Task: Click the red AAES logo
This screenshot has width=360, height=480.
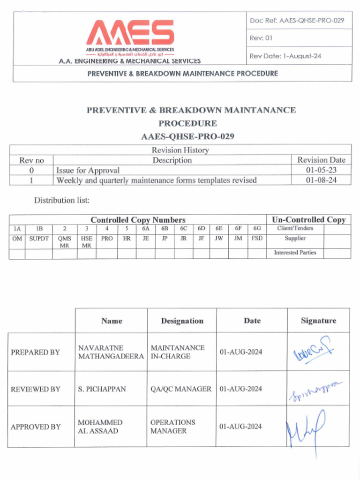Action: point(130,33)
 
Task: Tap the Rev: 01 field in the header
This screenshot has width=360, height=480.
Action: point(261,38)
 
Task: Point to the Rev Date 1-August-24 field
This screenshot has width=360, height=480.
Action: point(285,56)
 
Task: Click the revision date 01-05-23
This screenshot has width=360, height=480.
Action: point(321,170)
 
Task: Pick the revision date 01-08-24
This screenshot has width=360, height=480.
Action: point(321,180)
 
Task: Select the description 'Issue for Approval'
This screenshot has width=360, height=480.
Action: point(88,170)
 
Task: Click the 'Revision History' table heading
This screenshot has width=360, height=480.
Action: point(180,150)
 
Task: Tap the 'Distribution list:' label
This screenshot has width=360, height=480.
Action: point(61,200)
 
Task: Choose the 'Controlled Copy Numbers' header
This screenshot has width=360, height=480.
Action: point(138,220)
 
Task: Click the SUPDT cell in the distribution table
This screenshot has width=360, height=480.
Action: point(39,239)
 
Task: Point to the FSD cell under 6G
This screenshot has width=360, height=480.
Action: point(257,239)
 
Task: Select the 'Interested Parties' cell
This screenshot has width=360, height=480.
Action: point(295,253)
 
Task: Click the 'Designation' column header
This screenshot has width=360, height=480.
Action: point(182,321)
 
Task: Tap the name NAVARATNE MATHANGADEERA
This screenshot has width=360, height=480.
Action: point(111,352)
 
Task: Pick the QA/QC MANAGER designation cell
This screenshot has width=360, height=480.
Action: point(181,389)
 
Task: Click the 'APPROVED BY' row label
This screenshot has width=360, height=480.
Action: point(36,427)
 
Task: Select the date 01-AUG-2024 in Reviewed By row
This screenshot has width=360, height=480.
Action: point(241,389)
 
